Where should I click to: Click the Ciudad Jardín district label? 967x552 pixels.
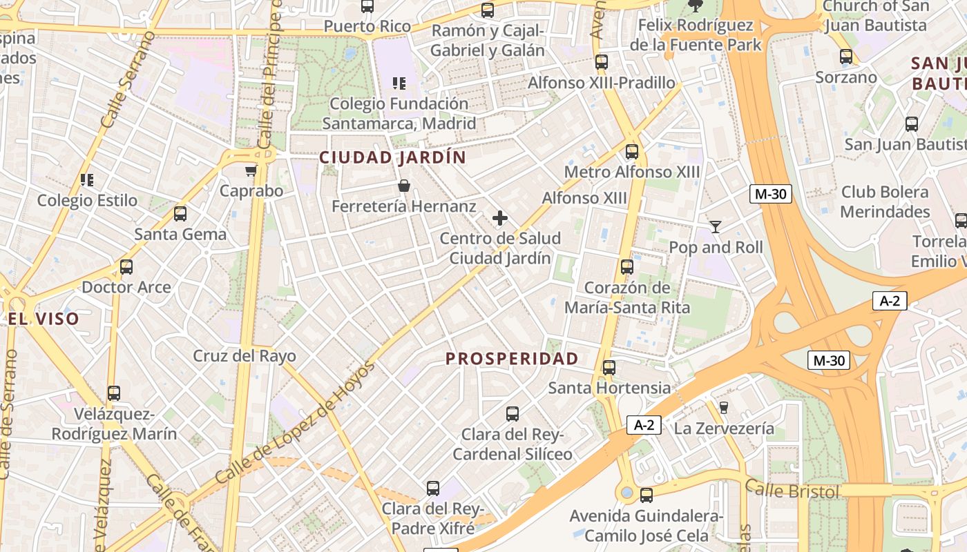[392, 157]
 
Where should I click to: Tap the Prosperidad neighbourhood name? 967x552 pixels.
[512, 359]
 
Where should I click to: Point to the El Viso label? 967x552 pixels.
[44, 319]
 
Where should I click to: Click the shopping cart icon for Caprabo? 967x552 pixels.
[251, 170]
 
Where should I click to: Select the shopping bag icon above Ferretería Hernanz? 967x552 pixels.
[404, 186]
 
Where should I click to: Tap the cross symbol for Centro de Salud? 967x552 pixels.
[500, 219]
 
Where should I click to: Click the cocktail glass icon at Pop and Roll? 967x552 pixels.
[716, 226]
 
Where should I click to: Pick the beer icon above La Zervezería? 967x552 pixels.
[724, 407]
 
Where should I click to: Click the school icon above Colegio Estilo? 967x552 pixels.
[87, 180]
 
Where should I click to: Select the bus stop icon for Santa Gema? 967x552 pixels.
[180, 214]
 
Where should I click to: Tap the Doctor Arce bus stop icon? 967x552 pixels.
[126, 267]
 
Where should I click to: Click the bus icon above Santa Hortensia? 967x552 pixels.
[609, 368]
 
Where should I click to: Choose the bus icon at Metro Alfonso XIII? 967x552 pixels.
[632, 152]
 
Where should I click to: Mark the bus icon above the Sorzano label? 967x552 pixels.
[846, 57]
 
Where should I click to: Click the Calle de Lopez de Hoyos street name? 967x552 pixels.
[295, 422]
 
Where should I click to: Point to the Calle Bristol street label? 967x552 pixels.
[793, 491]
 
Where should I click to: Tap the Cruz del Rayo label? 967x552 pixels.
[245, 356]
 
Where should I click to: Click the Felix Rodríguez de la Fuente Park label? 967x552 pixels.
[696, 35]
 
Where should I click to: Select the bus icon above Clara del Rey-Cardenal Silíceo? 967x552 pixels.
[513, 414]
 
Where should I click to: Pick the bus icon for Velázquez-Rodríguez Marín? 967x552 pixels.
[114, 393]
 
